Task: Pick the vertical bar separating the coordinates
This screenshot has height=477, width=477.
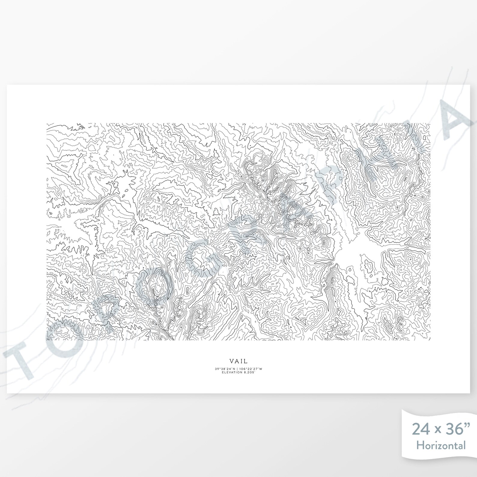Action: pyautogui.click(x=237, y=369)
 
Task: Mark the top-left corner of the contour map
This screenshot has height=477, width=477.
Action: pyautogui.click(x=47, y=123)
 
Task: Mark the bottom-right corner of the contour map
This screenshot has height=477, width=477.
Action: pyautogui.click(x=430, y=340)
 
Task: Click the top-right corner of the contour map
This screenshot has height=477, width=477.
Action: pyautogui.click(x=430, y=123)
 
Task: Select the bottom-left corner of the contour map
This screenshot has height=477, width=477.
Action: pyautogui.click(x=47, y=340)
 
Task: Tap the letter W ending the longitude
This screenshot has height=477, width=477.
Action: pyautogui.click(x=261, y=369)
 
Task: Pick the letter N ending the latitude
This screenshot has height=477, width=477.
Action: pyautogui.click(x=235, y=369)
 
